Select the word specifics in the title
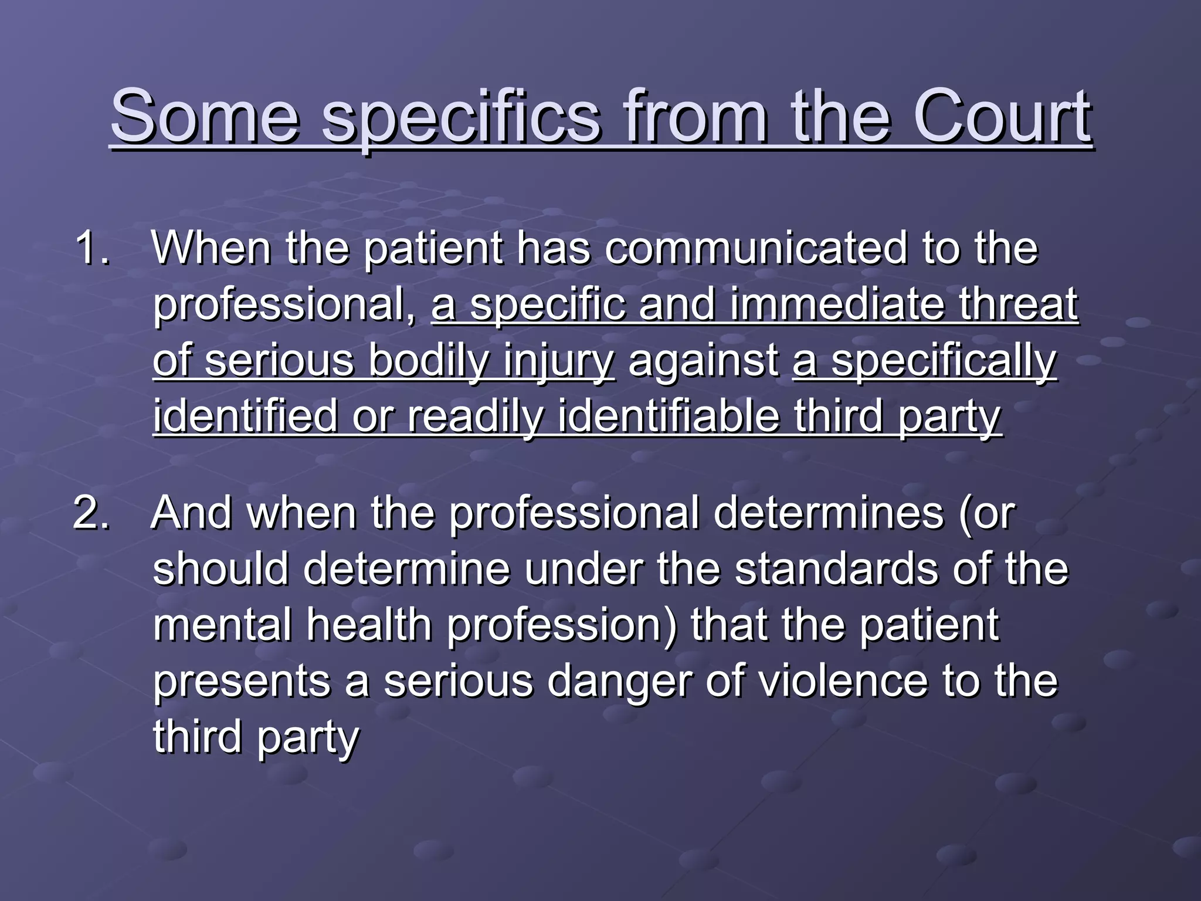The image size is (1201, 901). (x=462, y=117)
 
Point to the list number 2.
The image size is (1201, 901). (x=91, y=513)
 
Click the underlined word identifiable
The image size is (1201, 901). (x=669, y=416)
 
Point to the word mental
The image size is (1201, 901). (x=222, y=625)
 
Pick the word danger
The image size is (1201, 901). (x=619, y=682)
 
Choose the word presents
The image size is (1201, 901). (x=242, y=682)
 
